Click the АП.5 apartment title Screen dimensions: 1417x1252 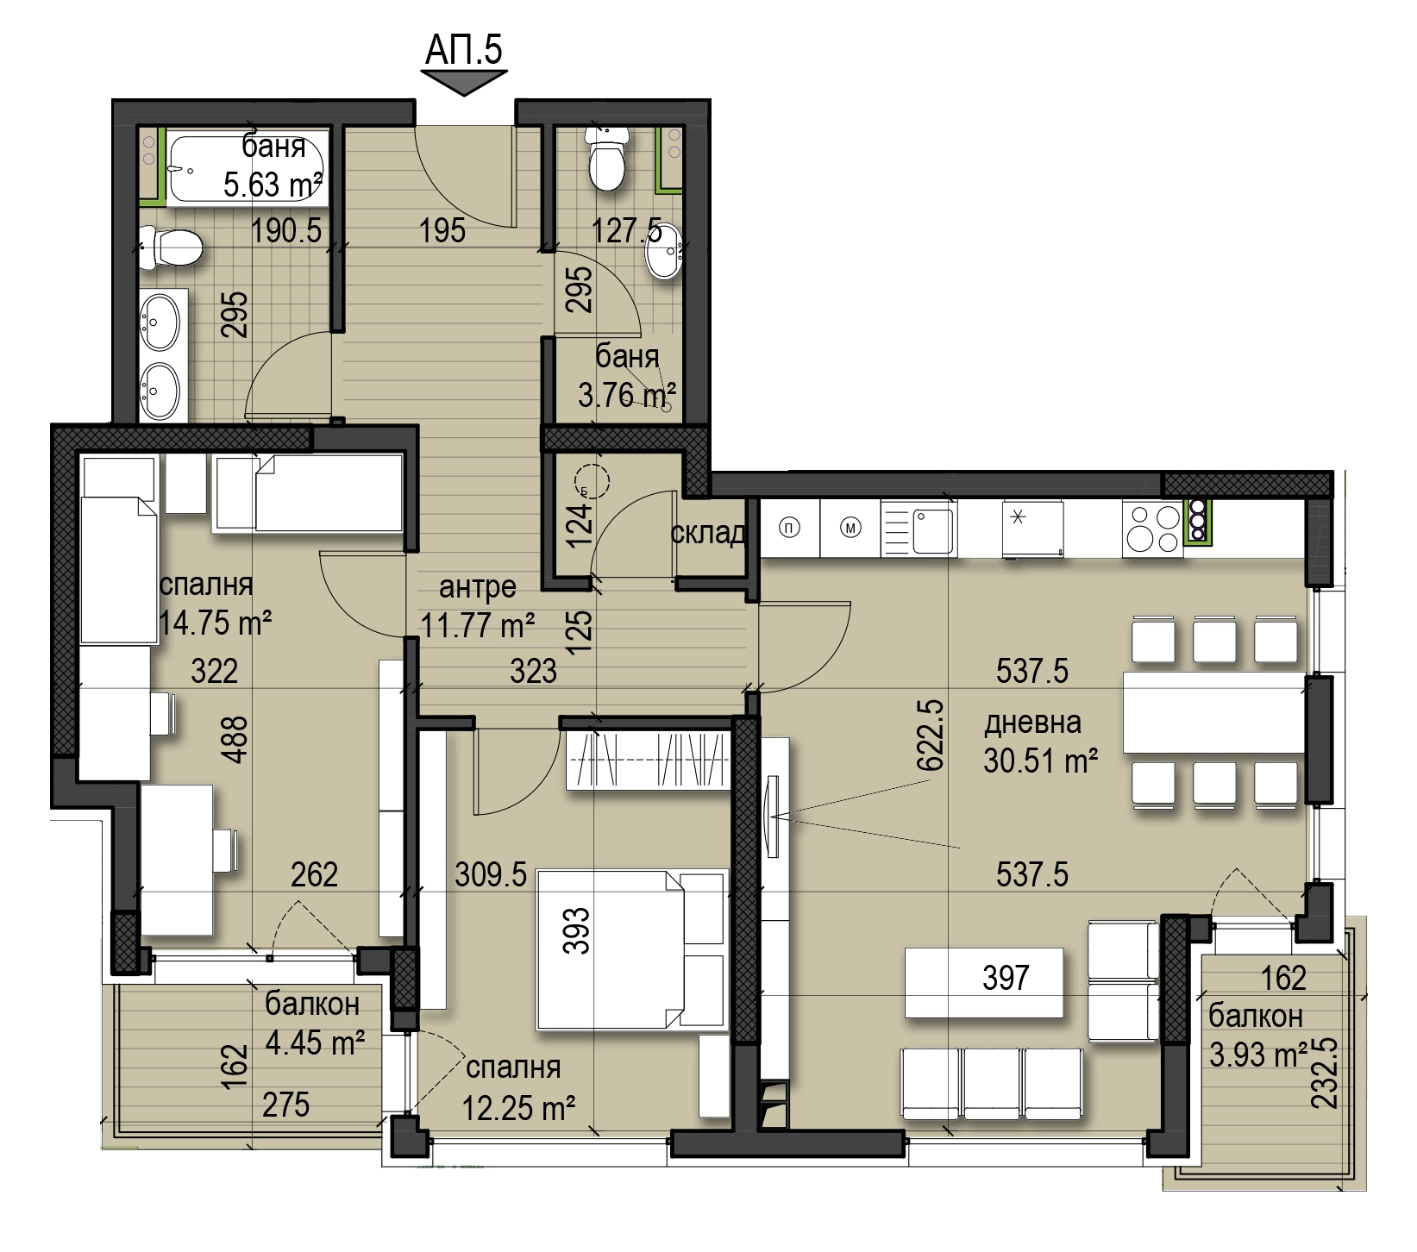pos(463,49)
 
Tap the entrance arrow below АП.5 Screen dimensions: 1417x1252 pos(463,83)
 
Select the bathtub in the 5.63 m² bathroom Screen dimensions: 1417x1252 pos(247,168)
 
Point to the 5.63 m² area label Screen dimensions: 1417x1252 pos(273,185)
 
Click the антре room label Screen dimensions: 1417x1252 pos(477,587)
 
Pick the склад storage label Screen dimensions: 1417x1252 pos(707,534)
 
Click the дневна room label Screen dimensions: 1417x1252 pos(1032,722)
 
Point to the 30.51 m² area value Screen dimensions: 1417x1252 pos(1040,761)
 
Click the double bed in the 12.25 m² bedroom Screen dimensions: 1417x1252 pos(630,948)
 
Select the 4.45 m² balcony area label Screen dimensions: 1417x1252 pos(314,1043)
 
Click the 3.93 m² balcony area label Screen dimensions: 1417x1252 pos(1258,1055)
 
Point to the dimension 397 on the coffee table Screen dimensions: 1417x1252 pos(1006,978)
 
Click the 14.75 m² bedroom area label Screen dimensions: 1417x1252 pos(216,622)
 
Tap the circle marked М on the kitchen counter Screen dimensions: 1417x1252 pos(851,529)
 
